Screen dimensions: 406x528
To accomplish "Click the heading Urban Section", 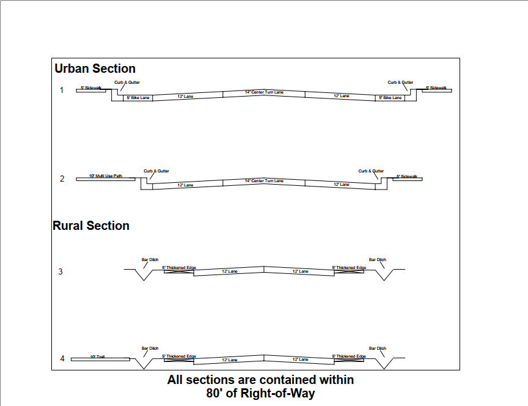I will pyautogui.click(x=95, y=68).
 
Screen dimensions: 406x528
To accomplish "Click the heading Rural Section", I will pyautogui.click(x=91, y=226).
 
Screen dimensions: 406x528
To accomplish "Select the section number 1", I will pyautogui.click(x=62, y=90).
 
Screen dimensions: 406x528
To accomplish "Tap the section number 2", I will pyautogui.click(x=62, y=179).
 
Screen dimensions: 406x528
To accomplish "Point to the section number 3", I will pyautogui.click(x=61, y=271).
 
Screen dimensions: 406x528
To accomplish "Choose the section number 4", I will pyautogui.click(x=62, y=358).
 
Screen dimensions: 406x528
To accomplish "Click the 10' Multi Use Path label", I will pyautogui.click(x=105, y=176).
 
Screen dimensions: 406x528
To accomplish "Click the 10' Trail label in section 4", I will pyautogui.click(x=97, y=356).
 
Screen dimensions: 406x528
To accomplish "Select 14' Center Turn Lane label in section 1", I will pyautogui.click(x=264, y=92).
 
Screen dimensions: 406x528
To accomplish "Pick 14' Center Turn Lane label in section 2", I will pyautogui.click(x=264, y=181).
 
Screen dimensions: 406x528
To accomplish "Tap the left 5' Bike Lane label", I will pyautogui.click(x=138, y=97).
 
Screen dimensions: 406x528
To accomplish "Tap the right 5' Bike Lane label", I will pyautogui.click(x=390, y=97).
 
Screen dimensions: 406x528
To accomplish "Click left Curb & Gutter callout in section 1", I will pyautogui.click(x=127, y=82).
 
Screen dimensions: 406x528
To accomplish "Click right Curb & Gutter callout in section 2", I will pyautogui.click(x=371, y=171).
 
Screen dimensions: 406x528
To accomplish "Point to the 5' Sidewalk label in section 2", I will pyautogui.click(x=406, y=176).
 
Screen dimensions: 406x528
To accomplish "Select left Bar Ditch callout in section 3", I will pyautogui.click(x=150, y=259).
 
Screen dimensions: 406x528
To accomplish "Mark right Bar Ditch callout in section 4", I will pyautogui.click(x=378, y=349).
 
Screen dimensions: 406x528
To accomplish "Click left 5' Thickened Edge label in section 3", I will pyautogui.click(x=178, y=268).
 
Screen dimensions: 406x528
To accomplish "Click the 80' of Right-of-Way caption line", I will pyautogui.click(x=260, y=393).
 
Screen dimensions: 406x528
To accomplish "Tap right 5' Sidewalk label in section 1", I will pyautogui.click(x=436, y=88).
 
